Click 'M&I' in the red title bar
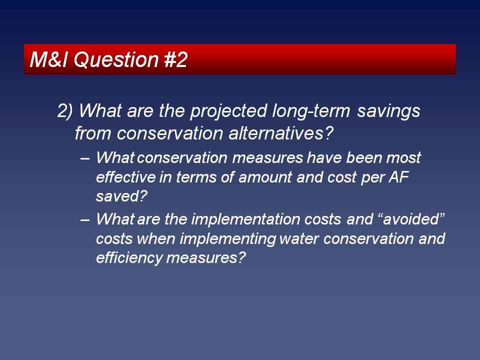48,59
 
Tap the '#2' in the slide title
176,59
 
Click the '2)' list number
65,111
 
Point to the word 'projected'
228,111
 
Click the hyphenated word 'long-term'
311,111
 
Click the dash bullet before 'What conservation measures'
85,158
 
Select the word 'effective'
126,177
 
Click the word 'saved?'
122,196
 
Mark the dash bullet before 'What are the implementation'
85,220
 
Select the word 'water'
299,239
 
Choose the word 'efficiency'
129,258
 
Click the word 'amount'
265,177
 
